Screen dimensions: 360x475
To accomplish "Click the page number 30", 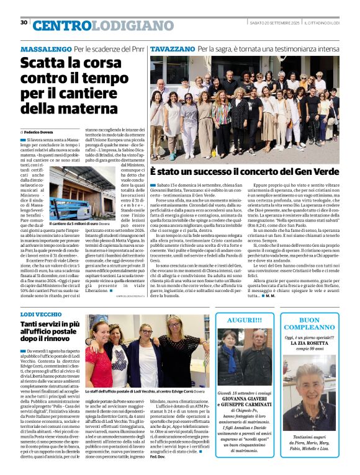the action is [24, 23].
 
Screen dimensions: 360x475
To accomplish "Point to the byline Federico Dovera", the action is [39, 132].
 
